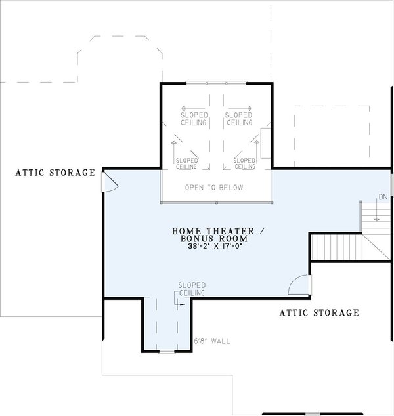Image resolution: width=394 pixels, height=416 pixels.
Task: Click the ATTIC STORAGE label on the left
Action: click(x=56, y=173)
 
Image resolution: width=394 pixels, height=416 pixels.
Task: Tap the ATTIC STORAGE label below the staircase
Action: click(x=320, y=313)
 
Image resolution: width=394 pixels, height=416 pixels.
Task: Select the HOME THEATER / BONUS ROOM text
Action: click(x=210, y=234)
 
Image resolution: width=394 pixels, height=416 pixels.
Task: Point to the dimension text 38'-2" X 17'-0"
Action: click(x=210, y=247)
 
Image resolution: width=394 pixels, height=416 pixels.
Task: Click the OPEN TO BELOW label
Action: click(x=214, y=188)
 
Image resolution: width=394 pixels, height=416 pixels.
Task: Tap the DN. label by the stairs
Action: click(x=382, y=198)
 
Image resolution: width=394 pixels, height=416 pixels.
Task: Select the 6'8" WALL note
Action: click(x=212, y=342)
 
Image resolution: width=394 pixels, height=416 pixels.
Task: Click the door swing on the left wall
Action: click(x=110, y=182)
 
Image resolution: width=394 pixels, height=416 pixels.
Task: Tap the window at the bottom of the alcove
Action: click(x=167, y=352)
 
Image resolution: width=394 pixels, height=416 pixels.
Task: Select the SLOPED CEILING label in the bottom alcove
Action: click(x=192, y=289)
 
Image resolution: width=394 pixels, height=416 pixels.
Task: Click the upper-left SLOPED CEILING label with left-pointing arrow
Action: click(x=194, y=118)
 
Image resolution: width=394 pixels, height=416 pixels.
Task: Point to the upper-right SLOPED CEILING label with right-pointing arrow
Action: click(x=238, y=118)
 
